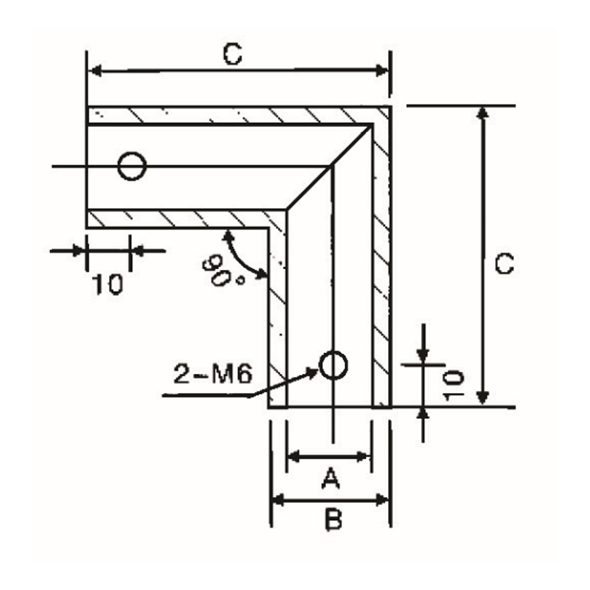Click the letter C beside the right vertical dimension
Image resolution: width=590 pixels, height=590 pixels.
(x=504, y=264)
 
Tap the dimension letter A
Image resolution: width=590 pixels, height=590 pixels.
(x=330, y=481)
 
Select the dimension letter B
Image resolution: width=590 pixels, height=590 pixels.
(x=333, y=521)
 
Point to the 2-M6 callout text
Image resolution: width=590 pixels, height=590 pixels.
(x=213, y=374)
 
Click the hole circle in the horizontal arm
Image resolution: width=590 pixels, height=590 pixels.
(x=132, y=167)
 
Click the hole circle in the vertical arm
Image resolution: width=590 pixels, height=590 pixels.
(x=333, y=364)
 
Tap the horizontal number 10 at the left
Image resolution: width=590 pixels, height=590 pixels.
(x=108, y=285)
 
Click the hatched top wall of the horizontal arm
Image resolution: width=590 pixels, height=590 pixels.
(x=221, y=115)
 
